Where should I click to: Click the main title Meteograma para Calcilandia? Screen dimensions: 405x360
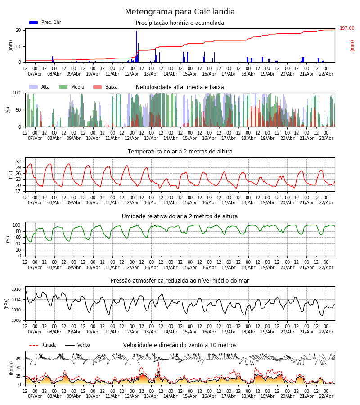click(x=180, y=12)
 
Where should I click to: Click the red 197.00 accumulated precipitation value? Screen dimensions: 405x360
click(x=347, y=28)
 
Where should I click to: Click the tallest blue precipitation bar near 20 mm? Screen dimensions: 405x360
click(x=137, y=45)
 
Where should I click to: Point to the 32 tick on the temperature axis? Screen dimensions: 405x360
click(x=18, y=162)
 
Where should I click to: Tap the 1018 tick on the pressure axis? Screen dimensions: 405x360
click(x=16, y=289)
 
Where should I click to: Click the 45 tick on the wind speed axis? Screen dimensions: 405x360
click(x=18, y=359)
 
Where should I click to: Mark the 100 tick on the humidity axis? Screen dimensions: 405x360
click(x=17, y=225)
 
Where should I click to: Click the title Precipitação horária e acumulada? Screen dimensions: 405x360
click(x=180, y=23)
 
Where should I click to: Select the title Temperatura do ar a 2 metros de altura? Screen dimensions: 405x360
click(x=180, y=152)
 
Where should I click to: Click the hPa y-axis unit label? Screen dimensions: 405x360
click(x=7, y=303)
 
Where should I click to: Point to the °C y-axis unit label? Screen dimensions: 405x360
click(x=11, y=174)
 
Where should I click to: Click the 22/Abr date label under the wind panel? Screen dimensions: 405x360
click(x=326, y=396)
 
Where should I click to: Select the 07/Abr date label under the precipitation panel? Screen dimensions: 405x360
click(x=35, y=74)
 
